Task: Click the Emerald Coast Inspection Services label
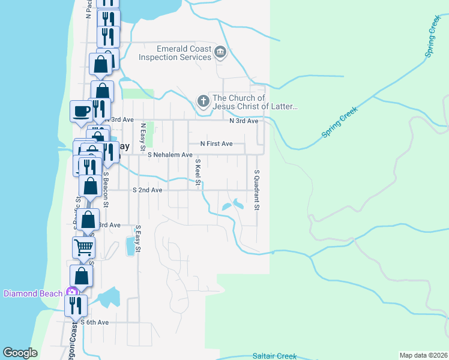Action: pyautogui.click(x=175, y=53)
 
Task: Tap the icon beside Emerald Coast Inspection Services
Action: pyautogui.click(x=220, y=53)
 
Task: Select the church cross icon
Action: pyautogui.click(x=204, y=101)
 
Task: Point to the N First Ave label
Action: pyautogui.click(x=216, y=144)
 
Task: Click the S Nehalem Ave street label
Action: pyautogui.click(x=170, y=155)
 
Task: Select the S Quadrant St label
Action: pyautogui.click(x=256, y=190)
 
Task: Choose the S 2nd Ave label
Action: pyautogui.click(x=147, y=190)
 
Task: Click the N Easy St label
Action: pyautogui.click(x=143, y=137)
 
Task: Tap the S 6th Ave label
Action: pyautogui.click(x=94, y=322)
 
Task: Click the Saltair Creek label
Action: pyautogui.click(x=274, y=356)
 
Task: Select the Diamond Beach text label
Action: pyautogui.click(x=33, y=293)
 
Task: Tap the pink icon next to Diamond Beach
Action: pyautogui.click(x=72, y=293)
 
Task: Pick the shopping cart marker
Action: pyautogui.click(x=83, y=246)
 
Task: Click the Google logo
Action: pyautogui.click(x=20, y=352)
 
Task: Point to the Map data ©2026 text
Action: pyautogui.click(x=423, y=355)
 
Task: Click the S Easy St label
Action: pyautogui.click(x=137, y=238)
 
